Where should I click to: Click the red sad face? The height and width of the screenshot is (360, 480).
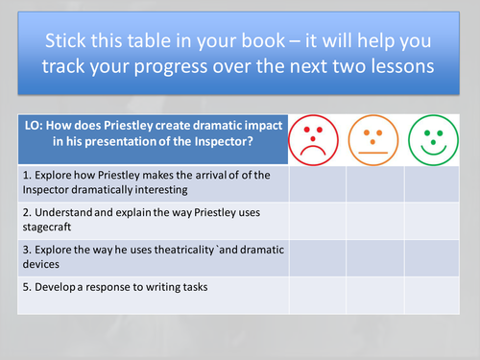(317, 140)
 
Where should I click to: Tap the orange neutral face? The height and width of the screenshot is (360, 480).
(374, 140)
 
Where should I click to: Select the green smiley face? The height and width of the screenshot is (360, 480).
(431, 140)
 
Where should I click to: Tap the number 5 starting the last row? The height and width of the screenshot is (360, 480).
(26, 287)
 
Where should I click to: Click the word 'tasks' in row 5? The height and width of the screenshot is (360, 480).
(193, 287)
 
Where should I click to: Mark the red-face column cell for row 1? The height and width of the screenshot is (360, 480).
(317, 182)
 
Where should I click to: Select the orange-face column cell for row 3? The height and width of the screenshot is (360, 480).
(374, 256)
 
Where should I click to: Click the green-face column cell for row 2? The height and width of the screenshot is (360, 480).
(431, 219)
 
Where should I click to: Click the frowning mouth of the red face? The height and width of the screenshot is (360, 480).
(316, 151)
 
